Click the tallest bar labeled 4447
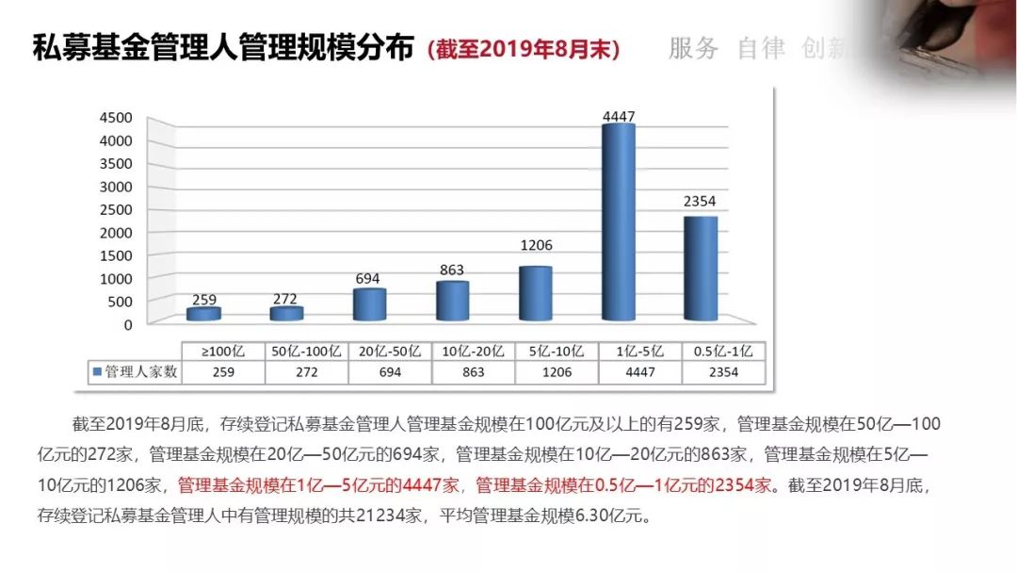(618, 222)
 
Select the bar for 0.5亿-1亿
(701, 268)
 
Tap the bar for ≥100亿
(203, 314)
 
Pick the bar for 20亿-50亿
(369, 304)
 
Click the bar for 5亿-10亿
(535, 293)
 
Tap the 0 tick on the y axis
(128, 323)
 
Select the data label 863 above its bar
(452, 270)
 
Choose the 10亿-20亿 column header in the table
(473, 351)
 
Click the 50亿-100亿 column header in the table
(306, 351)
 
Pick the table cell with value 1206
(556, 372)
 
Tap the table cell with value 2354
(722, 372)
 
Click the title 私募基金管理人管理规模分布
(224, 49)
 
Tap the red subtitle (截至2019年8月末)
(524, 50)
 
